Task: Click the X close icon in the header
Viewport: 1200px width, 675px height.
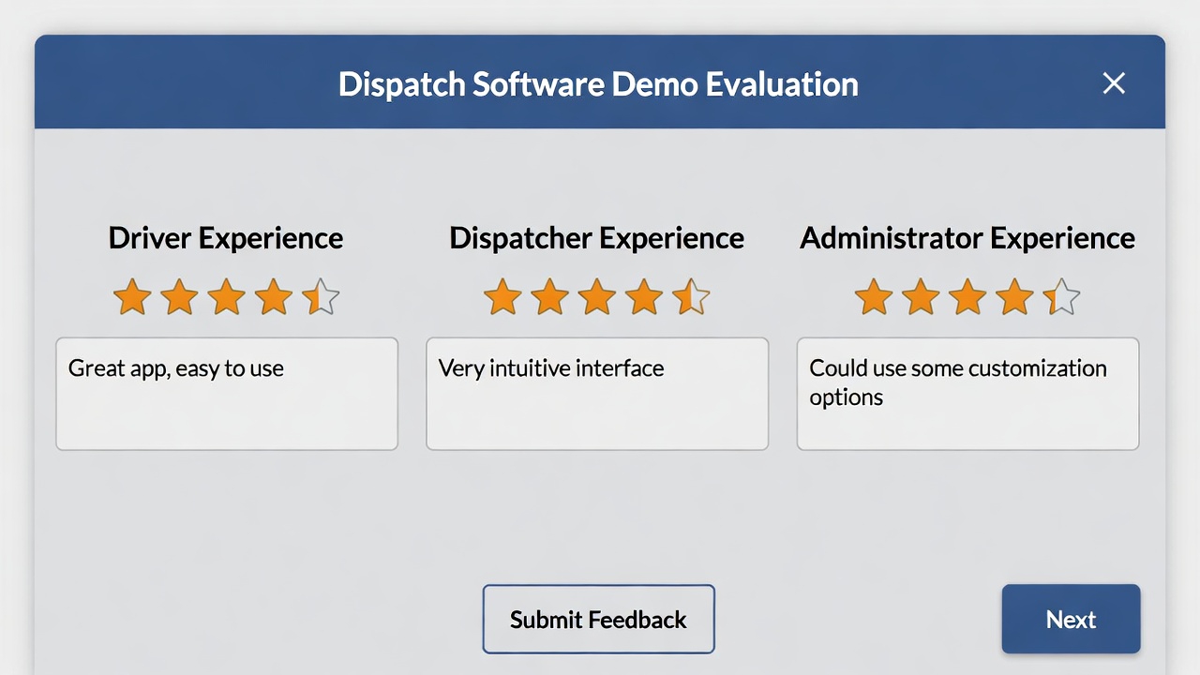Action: click(1114, 83)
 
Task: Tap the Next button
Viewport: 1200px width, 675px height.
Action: click(1071, 619)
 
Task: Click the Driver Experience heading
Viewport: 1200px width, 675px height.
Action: click(226, 238)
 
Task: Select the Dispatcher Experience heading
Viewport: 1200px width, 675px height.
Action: click(596, 238)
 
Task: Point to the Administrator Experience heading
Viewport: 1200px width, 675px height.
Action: click(967, 238)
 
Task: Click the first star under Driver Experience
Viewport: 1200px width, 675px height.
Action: click(132, 297)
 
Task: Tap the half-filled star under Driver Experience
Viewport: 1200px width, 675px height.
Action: click(321, 297)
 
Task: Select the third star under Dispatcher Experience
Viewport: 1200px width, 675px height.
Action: click(596, 297)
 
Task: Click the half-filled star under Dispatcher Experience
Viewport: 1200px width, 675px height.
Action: click(691, 297)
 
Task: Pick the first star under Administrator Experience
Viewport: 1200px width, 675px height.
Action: click(874, 297)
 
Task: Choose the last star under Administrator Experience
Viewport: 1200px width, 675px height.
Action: click(1061, 297)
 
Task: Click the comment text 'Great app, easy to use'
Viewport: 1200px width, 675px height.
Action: click(176, 368)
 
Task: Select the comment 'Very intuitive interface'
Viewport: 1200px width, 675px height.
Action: click(551, 368)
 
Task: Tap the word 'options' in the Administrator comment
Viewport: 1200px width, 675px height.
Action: click(846, 397)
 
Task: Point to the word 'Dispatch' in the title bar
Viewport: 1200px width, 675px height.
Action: click(401, 84)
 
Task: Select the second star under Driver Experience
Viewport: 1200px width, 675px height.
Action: click(179, 297)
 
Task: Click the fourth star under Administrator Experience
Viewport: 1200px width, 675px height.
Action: click(1014, 297)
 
